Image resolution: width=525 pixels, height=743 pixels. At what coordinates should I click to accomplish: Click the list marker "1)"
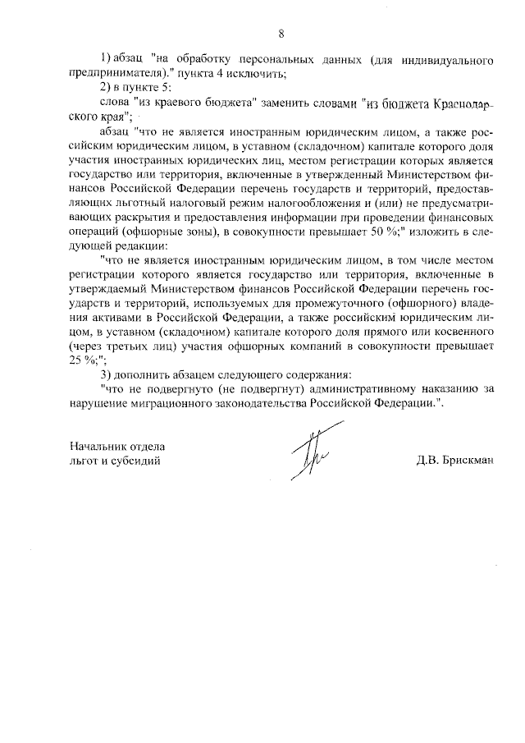tap(105, 61)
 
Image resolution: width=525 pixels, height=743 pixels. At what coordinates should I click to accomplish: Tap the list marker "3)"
tap(105, 375)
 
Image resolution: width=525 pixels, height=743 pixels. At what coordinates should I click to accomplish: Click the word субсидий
tap(131, 461)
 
